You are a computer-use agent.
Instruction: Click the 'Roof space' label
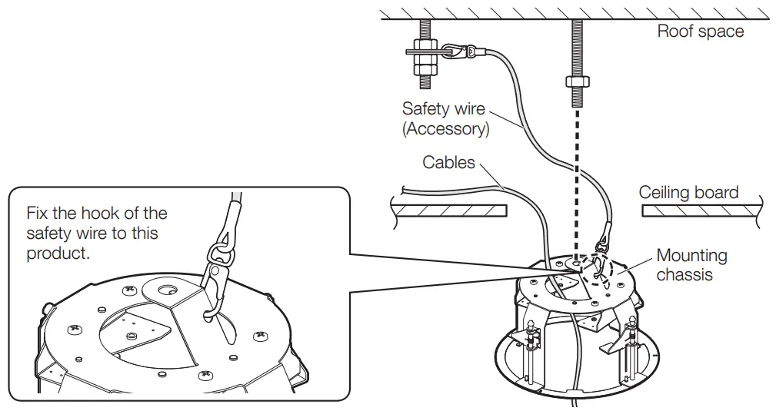point(700,31)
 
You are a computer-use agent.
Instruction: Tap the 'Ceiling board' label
point(688,192)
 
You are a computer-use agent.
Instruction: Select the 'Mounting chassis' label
point(691,264)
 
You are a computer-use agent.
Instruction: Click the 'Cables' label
point(448,162)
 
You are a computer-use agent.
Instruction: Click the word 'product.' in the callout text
point(58,253)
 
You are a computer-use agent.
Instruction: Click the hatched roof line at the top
point(577,13)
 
